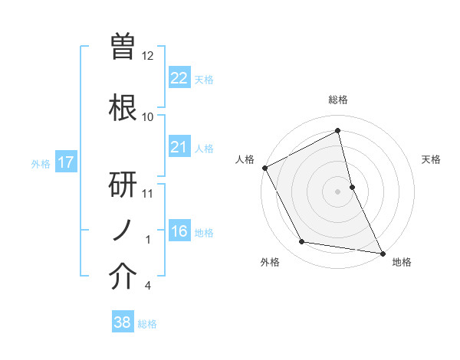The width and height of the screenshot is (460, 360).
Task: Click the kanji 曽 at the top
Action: [124, 47]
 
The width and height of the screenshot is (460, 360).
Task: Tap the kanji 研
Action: [124, 185]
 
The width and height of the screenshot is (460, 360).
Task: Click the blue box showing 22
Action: [179, 78]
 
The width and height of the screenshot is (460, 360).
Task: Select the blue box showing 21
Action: [179, 147]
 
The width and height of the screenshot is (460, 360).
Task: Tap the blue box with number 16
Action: [179, 231]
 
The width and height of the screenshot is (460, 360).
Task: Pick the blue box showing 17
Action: [65, 162]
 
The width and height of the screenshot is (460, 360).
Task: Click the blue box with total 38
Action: [122, 322]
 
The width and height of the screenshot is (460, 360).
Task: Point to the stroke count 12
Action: [148, 56]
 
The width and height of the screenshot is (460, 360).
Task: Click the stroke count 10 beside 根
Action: [148, 116]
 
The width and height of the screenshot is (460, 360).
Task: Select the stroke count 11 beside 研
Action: [148, 193]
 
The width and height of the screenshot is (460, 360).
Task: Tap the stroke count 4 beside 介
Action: [147, 286]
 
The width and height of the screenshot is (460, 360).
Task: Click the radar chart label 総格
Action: [338, 100]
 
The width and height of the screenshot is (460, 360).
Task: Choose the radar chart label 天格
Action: [432, 159]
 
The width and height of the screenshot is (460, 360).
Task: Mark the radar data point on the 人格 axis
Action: [264, 168]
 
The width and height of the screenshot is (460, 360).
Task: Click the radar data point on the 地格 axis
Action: [383, 253]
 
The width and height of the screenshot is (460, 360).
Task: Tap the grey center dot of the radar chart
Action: [338, 191]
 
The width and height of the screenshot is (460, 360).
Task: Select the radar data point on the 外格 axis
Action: [302, 242]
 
